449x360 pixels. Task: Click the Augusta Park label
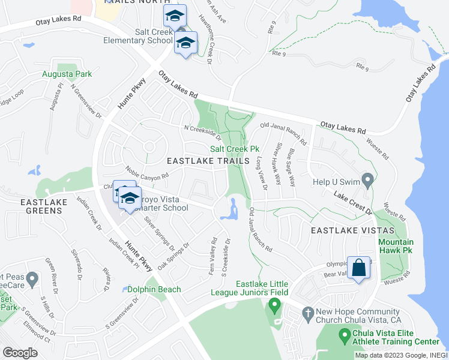[x=67, y=74]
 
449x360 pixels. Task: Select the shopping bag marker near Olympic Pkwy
[x=358, y=268]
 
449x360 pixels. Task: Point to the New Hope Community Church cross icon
[x=307, y=313]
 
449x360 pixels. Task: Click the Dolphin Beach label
[x=154, y=290]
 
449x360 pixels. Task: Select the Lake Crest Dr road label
[x=353, y=202]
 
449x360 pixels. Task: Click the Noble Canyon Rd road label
[x=147, y=173]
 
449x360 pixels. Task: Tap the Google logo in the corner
[x=20, y=353]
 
